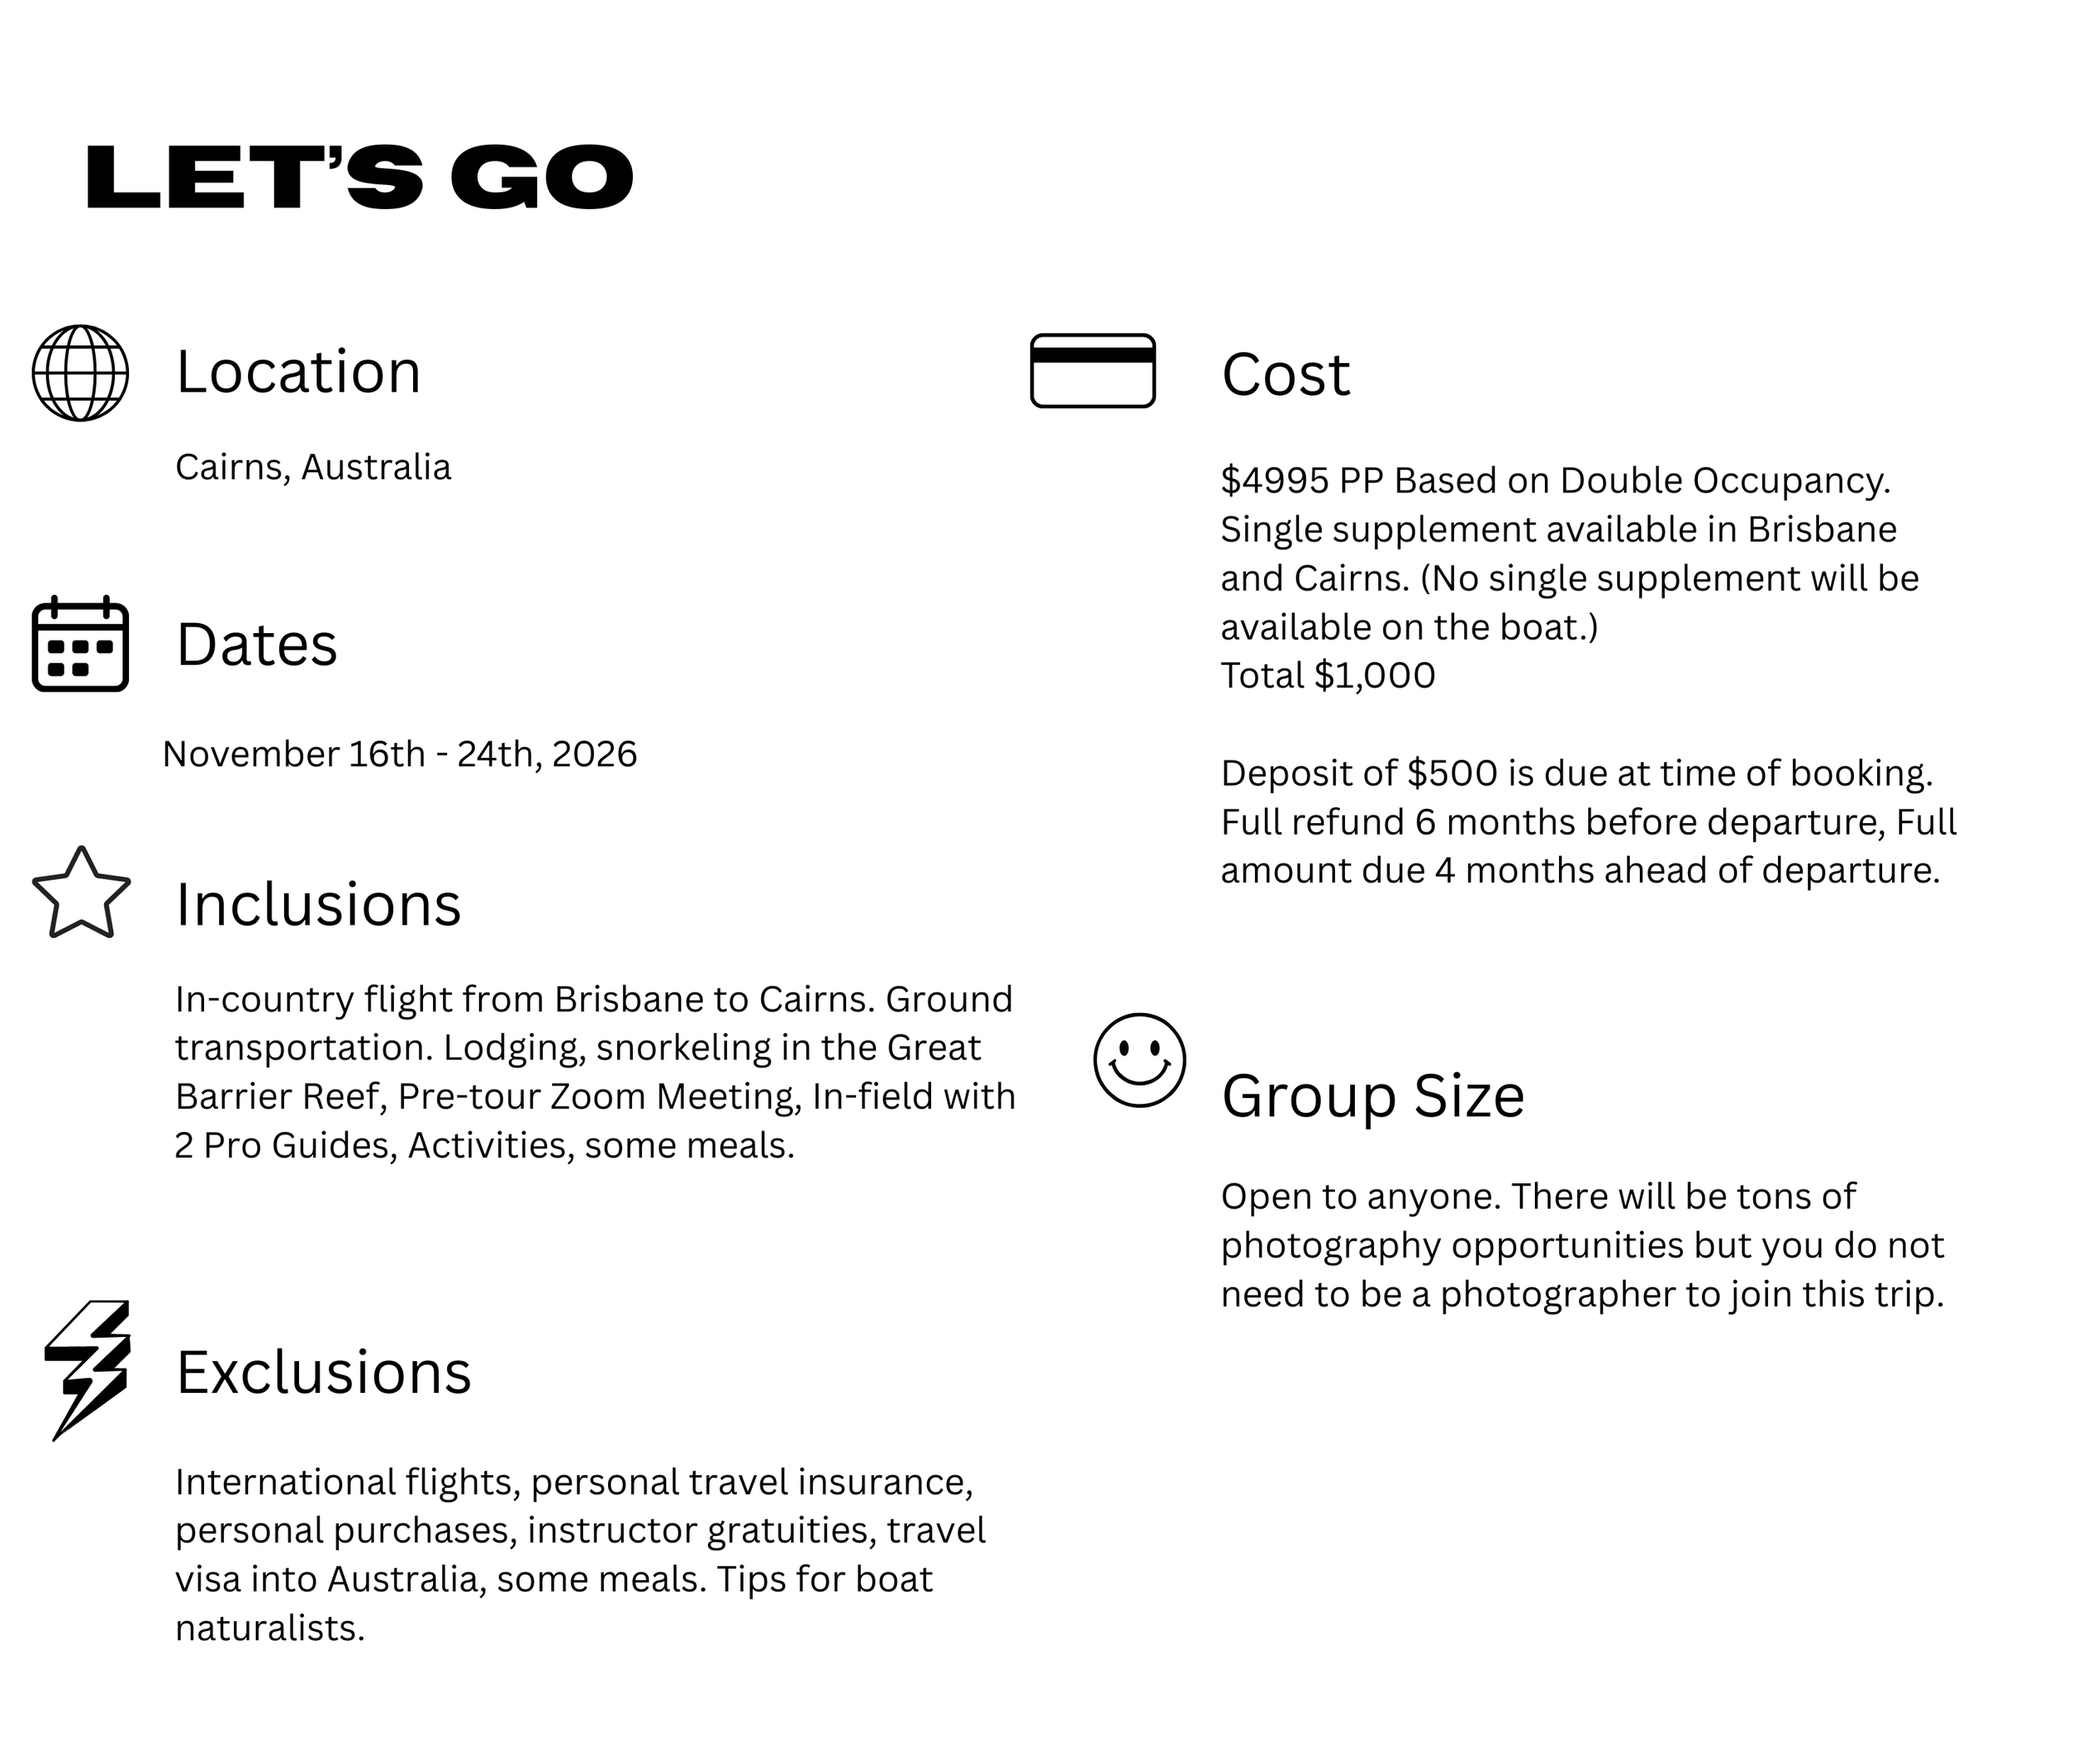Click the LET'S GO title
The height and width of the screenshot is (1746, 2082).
click(359, 177)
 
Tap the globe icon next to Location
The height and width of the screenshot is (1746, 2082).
click(80, 373)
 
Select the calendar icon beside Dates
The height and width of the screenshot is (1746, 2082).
click(80, 645)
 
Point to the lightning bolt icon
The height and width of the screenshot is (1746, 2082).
click(87, 1369)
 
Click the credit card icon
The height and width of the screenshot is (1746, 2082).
click(1093, 371)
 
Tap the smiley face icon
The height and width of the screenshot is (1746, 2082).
click(1139, 1060)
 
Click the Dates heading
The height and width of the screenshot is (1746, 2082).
click(257, 645)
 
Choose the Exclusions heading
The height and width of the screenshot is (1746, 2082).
click(323, 1372)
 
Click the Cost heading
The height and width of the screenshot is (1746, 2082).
click(1285, 375)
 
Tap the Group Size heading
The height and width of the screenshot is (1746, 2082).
click(1372, 1095)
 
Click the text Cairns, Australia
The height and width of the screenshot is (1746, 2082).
click(313, 467)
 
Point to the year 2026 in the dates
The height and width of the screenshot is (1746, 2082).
click(594, 755)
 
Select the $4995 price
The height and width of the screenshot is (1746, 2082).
click(1274, 481)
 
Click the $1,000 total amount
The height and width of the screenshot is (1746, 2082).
click(1374, 676)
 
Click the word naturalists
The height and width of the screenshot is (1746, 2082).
click(270, 1628)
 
